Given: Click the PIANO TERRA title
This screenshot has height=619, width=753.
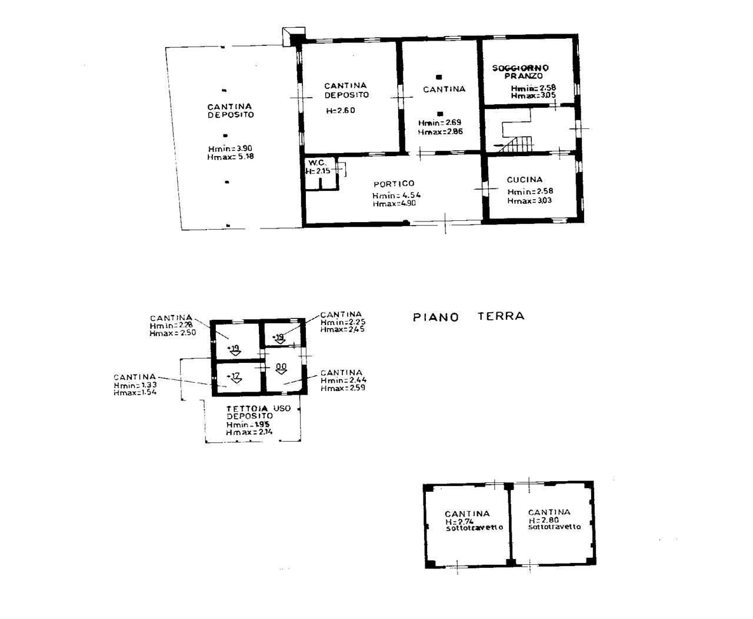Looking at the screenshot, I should pos(468,317).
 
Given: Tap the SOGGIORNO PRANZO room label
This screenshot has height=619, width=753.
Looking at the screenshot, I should pos(520,72).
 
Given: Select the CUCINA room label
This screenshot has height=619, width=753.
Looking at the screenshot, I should pos(525,180).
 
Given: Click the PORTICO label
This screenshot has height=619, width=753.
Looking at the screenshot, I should pos(394,184).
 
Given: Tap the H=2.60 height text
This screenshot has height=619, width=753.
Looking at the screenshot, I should pos(341,111).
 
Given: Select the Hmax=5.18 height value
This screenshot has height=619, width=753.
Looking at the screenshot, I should pos(231,157).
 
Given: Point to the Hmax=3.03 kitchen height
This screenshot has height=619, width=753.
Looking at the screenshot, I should pos(529,201).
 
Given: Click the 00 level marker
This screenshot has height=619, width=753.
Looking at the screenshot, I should pos(281,367).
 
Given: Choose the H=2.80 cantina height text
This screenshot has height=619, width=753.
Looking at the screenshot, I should pos(544,521).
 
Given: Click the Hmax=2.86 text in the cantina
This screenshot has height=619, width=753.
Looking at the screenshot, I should pos(440,132).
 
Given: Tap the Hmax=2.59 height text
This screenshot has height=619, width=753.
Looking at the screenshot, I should pos(343,388).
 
